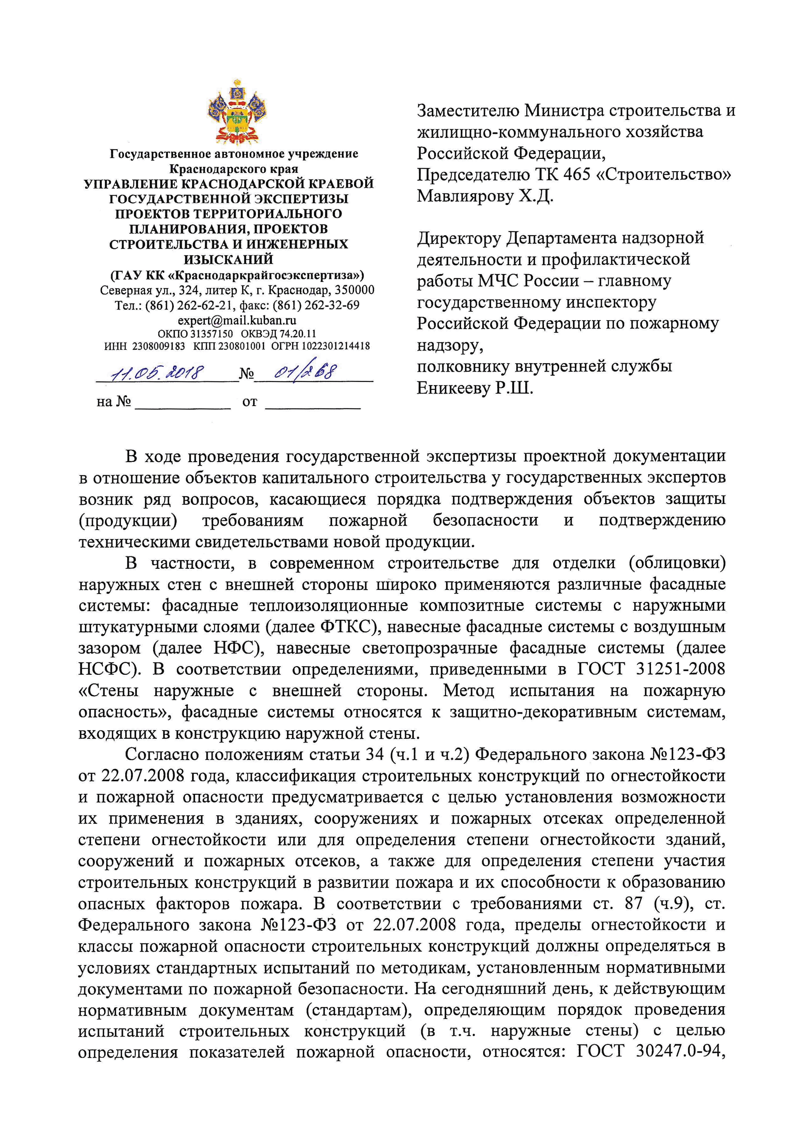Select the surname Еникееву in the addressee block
[453, 388]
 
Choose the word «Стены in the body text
[108, 691]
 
